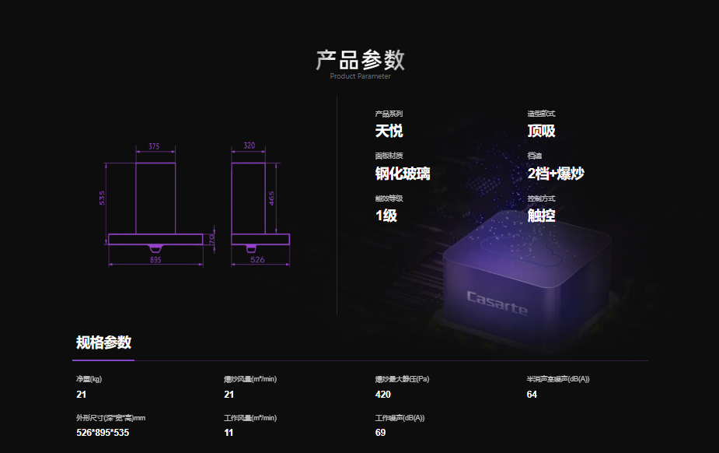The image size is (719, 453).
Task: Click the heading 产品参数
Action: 360,60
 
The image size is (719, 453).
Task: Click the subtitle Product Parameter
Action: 360,76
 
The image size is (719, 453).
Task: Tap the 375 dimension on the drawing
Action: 154,146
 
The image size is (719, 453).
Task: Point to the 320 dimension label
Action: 250,146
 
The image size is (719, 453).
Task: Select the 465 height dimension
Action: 271,198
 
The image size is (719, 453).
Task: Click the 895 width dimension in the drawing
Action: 155,260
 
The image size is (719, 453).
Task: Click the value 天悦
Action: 389,131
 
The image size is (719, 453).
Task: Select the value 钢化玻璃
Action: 402,174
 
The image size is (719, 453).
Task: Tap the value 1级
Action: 386,216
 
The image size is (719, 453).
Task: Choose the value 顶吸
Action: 541,131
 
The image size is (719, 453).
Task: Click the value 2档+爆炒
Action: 555,174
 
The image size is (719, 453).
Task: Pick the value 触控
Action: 541,216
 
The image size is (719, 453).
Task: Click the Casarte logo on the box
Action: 497,303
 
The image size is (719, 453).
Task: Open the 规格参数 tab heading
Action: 103,342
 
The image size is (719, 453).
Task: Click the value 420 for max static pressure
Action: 382,395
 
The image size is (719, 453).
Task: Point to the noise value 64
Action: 532,395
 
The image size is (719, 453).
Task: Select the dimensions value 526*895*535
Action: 103,433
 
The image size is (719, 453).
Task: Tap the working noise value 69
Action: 380,433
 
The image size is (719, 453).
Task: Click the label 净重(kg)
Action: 89,379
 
